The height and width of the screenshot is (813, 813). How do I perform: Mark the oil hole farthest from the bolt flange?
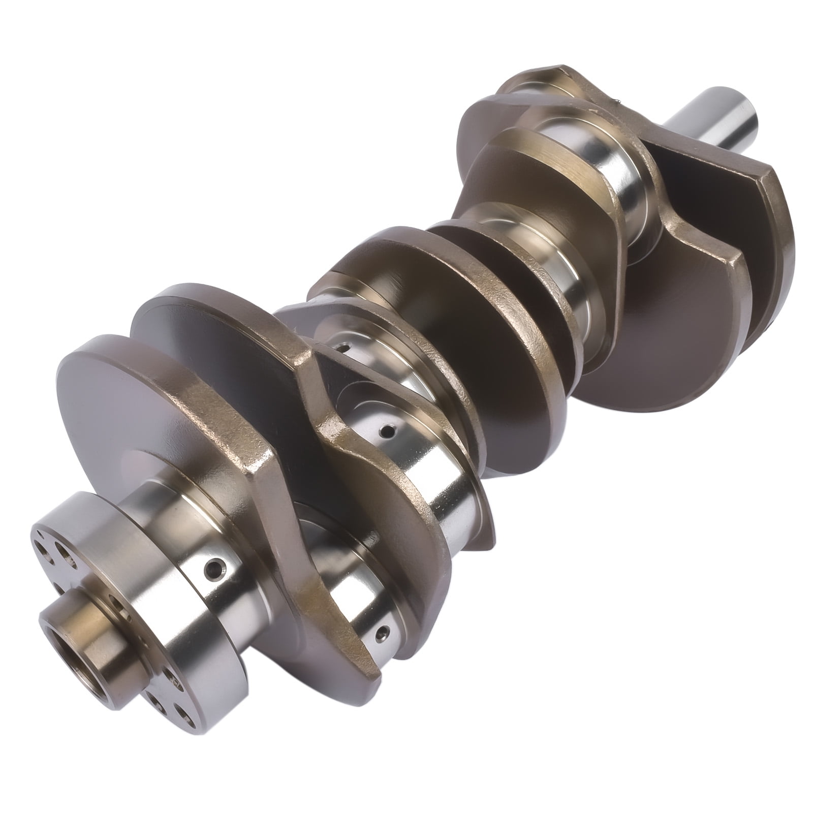[346, 348]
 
